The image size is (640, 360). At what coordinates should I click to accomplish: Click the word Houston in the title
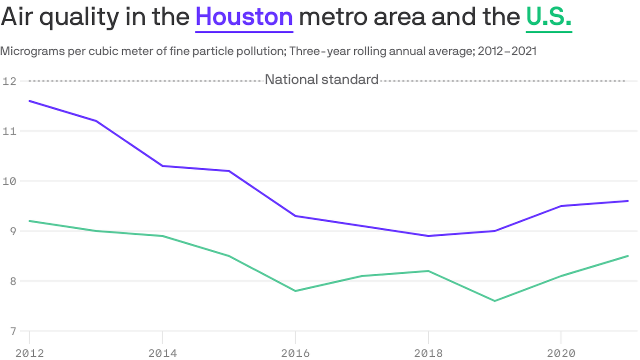tap(244, 17)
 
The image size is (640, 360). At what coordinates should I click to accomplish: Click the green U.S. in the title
tap(549, 17)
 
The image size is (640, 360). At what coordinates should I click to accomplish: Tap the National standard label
tap(321, 80)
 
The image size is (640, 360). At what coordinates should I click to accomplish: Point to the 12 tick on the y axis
tap(9, 81)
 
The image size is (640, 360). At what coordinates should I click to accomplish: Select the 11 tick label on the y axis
tap(9, 131)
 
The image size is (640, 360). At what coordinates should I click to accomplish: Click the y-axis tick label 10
tap(9, 181)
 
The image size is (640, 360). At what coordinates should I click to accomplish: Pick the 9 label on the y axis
tap(12, 231)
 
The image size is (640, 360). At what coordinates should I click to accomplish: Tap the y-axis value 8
tap(12, 281)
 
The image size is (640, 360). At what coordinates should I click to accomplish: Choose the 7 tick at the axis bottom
tap(12, 331)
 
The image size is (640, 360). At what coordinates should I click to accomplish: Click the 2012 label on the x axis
tap(30, 353)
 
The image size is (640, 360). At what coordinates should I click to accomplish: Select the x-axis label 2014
tap(162, 353)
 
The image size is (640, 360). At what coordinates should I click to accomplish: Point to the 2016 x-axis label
tap(295, 353)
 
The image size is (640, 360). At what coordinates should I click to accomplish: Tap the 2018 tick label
tap(428, 353)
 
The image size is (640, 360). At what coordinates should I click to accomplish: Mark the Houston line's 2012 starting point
tap(30, 101)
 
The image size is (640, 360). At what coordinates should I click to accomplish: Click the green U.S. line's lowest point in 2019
tap(494, 301)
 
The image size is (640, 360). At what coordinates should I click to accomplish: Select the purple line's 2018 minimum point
tap(428, 236)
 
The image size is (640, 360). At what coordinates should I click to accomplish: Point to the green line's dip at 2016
tap(295, 291)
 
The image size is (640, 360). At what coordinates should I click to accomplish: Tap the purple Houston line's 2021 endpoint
tap(627, 201)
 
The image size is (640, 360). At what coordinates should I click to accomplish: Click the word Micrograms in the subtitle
tap(25, 51)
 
